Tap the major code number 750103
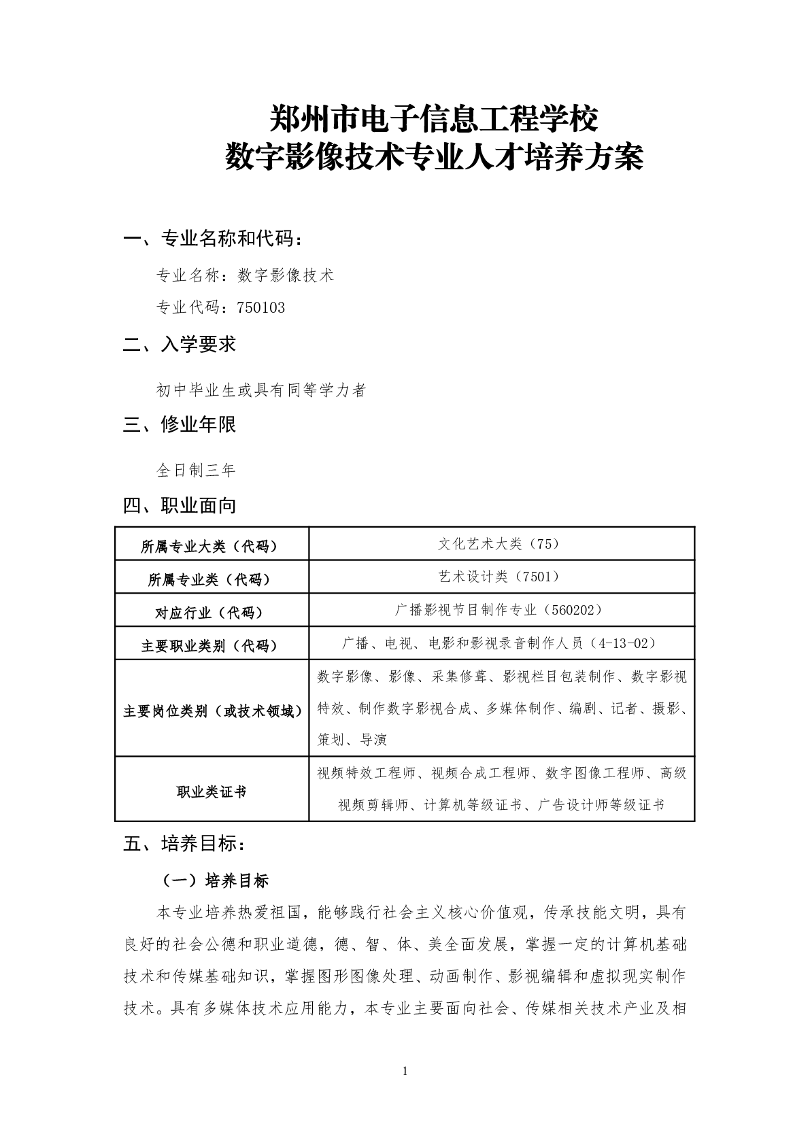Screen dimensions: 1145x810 [x=261, y=308]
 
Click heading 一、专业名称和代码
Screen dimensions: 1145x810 [x=212, y=239]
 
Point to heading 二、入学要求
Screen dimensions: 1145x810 [x=180, y=344]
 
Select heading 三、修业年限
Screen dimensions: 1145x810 [x=180, y=425]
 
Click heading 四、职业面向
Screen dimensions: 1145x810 [x=180, y=506]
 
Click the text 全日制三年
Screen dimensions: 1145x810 [x=196, y=470]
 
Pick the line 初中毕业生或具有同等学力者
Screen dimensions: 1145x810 [x=262, y=390]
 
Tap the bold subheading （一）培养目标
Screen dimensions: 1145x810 [x=216, y=881]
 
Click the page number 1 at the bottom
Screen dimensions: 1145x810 [x=405, y=1072]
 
